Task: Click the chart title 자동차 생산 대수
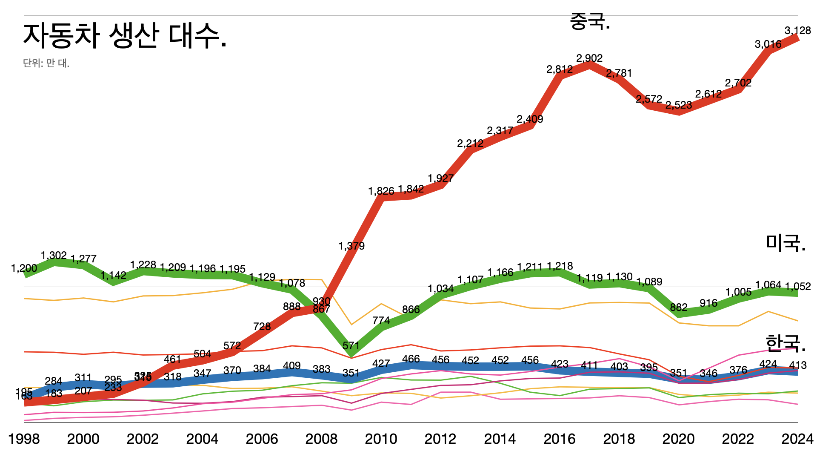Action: [124, 36]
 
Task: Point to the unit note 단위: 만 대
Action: [46, 63]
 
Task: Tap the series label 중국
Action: [590, 21]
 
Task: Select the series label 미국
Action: [786, 243]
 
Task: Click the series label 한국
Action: [785, 343]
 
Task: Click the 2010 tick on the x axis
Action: [381, 439]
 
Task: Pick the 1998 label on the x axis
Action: [24, 439]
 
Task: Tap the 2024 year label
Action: [797, 439]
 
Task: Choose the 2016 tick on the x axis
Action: [560, 439]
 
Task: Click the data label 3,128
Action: [797, 31]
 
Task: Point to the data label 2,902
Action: [589, 58]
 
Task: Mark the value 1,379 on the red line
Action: [351, 246]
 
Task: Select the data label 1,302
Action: [54, 255]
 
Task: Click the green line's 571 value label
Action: [351, 345]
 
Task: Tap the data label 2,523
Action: [679, 105]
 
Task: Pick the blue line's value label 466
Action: [411, 359]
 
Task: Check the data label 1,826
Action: [381, 191]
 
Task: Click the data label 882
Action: [679, 307]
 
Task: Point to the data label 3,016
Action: [768, 44]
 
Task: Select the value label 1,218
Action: [560, 266]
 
